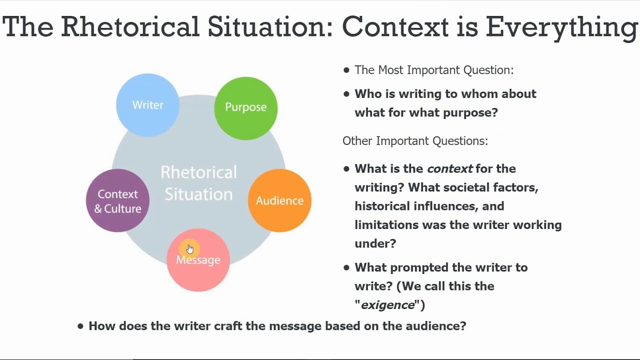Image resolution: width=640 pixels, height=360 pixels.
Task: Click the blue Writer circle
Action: [147, 105]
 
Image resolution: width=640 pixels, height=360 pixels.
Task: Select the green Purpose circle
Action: [245, 107]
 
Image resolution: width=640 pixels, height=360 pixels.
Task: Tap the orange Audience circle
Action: [279, 200]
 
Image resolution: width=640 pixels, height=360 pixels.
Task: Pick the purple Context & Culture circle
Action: [117, 201]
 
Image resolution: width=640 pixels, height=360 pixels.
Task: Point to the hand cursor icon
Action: [189, 249]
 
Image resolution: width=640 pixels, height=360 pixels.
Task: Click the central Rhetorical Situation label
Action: [198, 183]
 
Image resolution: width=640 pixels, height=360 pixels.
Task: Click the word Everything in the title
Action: [561, 27]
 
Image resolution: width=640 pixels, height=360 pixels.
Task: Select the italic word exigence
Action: [388, 305]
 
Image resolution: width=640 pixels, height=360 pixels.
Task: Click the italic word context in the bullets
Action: [449, 168]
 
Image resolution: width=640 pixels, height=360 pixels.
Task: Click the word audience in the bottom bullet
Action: [439, 326]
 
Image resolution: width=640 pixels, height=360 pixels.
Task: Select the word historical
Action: [379, 206]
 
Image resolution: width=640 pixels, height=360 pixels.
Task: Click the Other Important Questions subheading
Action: [415, 141]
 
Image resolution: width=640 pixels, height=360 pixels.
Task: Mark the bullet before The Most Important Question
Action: [346, 70]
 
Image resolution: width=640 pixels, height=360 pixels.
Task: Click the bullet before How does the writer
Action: [80, 326]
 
